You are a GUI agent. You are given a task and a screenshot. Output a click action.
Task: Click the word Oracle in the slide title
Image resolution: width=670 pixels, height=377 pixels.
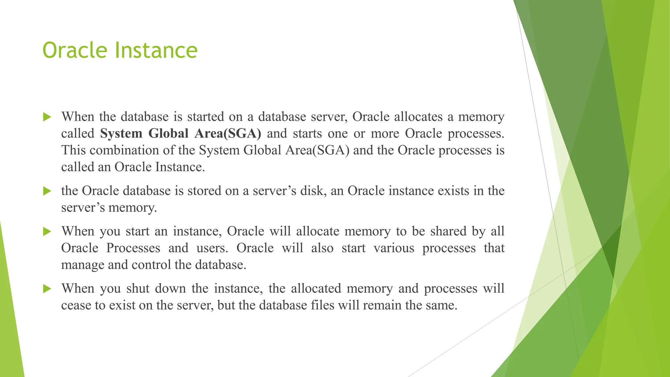(75, 50)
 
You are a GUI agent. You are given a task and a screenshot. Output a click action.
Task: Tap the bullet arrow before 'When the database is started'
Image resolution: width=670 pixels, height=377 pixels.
(47, 117)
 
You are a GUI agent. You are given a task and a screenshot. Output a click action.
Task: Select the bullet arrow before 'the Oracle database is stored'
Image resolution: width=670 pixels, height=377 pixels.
(47, 191)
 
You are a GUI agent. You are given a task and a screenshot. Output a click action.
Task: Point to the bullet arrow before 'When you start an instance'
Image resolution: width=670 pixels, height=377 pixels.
(47, 232)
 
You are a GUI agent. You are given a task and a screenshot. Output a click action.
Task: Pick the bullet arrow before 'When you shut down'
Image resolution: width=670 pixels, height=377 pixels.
(47, 289)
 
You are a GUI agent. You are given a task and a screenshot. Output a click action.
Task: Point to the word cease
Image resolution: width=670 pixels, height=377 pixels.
(76, 306)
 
